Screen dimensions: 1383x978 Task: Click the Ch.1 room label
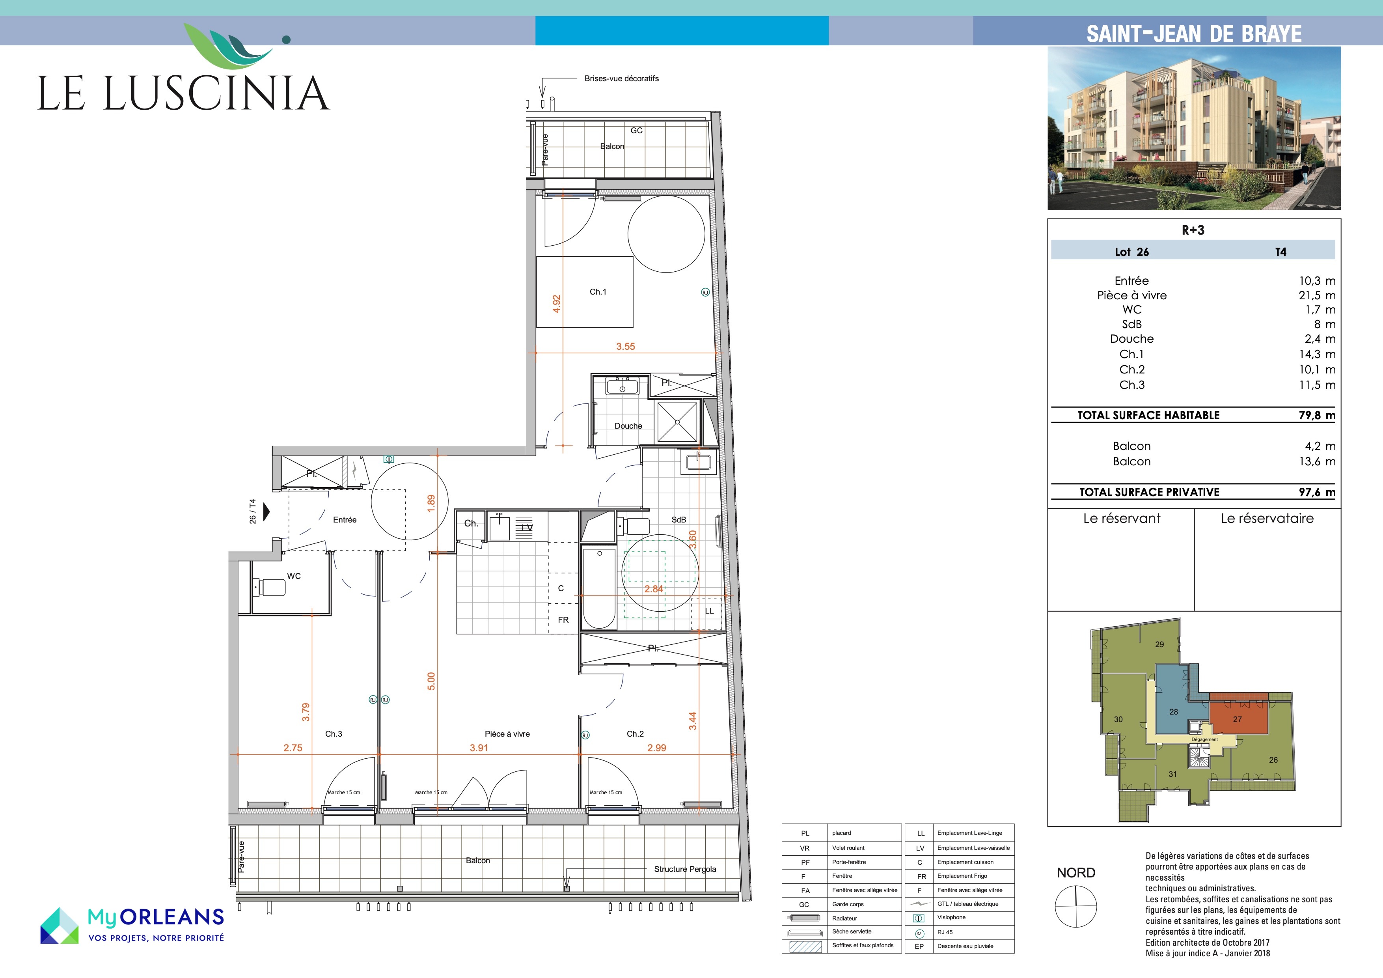click(598, 292)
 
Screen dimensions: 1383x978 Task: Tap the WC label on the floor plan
click(294, 576)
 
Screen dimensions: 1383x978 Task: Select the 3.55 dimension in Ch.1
click(625, 347)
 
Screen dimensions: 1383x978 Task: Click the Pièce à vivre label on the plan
click(507, 734)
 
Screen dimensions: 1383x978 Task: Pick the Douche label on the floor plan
click(628, 426)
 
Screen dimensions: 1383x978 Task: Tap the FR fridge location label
click(563, 620)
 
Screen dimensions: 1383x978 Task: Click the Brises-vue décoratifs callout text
click(622, 78)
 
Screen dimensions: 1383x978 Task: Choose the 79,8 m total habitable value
click(1317, 415)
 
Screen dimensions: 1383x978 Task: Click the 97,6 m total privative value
click(1317, 492)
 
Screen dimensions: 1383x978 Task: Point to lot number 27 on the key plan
click(1237, 719)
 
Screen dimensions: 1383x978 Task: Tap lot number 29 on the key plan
click(1159, 644)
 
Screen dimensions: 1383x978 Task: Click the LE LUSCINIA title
click(184, 93)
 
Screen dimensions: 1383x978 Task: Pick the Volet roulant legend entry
click(848, 848)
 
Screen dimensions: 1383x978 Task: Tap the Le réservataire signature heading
click(1267, 518)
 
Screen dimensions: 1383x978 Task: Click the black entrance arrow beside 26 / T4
click(267, 511)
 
